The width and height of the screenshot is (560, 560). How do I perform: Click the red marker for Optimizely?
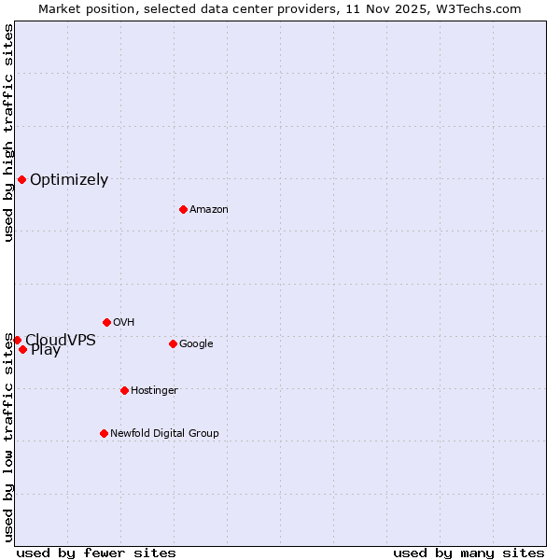tap(21, 179)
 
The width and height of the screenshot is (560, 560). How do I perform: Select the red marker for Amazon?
tap(183, 209)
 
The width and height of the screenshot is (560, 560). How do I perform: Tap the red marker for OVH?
tap(106, 322)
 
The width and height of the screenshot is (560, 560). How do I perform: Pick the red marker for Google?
tap(173, 343)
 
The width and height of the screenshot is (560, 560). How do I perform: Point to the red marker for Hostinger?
tap(124, 390)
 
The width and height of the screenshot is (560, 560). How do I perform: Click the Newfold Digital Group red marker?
tap(104, 433)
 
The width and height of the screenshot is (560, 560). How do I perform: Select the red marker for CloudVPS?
tap(17, 340)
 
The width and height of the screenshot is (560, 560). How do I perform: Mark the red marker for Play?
tap(22, 350)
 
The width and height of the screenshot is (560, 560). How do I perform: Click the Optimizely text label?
tap(69, 180)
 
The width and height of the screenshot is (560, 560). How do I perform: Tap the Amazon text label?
tap(209, 210)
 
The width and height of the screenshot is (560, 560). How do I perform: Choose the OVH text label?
tap(124, 323)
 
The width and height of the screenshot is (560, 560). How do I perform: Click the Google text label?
tap(196, 344)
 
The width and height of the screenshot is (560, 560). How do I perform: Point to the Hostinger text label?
tap(154, 391)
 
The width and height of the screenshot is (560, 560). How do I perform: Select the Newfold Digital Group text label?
tap(164, 434)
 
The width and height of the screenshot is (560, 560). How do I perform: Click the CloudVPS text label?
tap(61, 340)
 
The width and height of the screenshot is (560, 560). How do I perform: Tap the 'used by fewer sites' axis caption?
tap(96, 553)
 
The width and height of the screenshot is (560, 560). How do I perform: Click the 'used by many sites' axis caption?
tap(469, 553)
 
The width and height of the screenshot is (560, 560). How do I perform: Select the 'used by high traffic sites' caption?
tap(8, 133)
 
